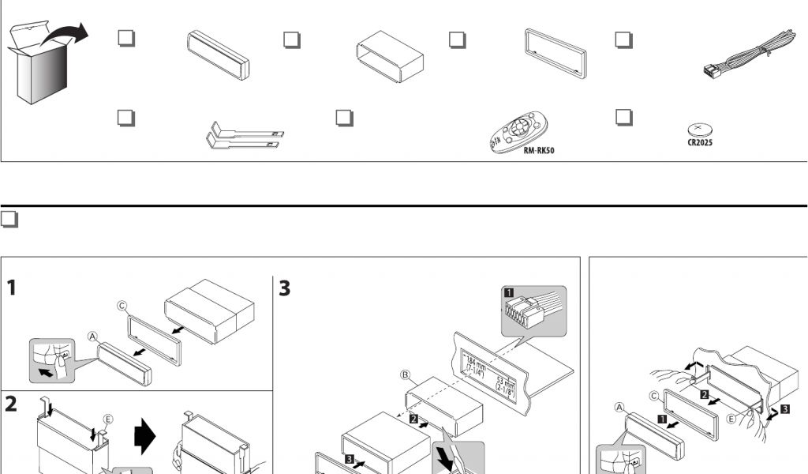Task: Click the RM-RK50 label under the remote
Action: (x=539, y=149)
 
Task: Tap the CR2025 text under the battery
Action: (x=699, y=143)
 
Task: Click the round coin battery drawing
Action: (x=699, y=129)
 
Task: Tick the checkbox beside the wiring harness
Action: (x=623, y=39)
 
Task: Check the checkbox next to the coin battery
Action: (x=623, y=117)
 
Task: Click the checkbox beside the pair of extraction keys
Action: (x=125, y=118)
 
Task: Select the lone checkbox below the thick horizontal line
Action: (x=9, y=220)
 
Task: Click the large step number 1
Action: (x=13, y=288)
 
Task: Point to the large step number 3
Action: (x=285, y=288)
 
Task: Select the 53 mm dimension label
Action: (x=504, y=386)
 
